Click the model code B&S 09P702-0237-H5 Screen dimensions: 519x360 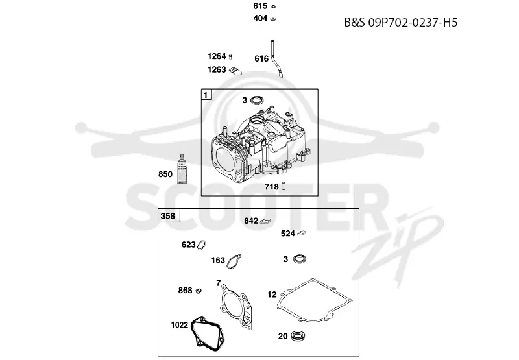point(401,23)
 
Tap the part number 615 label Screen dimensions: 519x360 point(260,6)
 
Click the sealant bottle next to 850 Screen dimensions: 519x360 point(182,169)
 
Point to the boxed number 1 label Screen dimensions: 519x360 point(206,95)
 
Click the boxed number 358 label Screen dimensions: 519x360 point(168,216)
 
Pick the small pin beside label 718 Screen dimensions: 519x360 point(284,186)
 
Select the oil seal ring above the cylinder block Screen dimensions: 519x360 point(257,100)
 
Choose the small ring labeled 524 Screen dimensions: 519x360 point(301,233)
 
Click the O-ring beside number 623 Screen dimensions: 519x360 point(201,245)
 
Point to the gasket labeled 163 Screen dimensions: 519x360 point(234,261)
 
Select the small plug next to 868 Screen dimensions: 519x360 point(199,291)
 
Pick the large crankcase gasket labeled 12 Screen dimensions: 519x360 point(315,300)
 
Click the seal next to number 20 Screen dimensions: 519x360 point(298,336)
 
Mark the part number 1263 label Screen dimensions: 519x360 point(217,69)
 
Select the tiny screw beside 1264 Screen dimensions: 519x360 point(230,57)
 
